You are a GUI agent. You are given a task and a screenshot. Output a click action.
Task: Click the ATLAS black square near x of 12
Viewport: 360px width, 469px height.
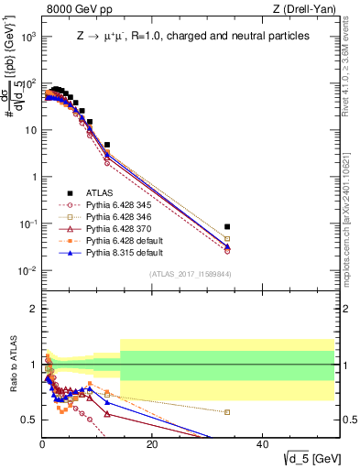tap(107, 145)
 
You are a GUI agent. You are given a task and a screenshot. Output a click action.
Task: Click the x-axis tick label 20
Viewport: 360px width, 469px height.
tap(151, 444)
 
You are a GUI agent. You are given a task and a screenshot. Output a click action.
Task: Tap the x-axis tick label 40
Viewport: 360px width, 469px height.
tap(261, 444)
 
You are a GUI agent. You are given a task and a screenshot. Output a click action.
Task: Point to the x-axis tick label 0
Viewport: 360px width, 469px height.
tap(42, 444)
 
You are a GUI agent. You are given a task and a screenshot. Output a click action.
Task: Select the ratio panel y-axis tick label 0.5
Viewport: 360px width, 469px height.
tap(28, 420)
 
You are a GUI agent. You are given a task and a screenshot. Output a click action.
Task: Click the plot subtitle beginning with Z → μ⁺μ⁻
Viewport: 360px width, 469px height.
tap(192, 36)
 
